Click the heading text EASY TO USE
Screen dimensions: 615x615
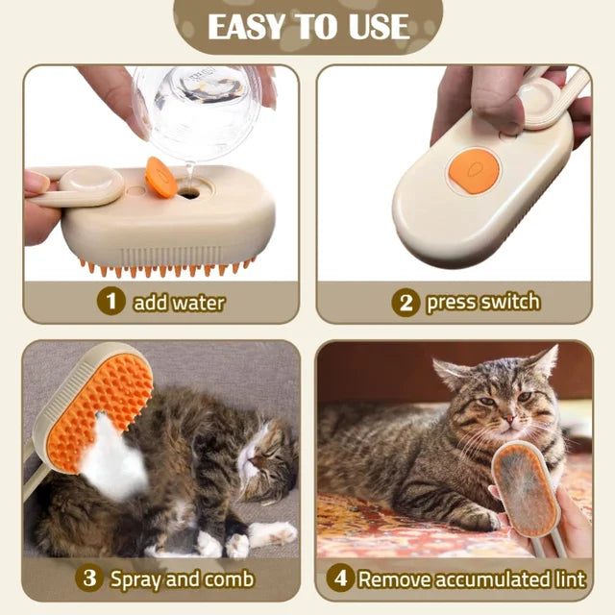pyautogui.click(x=307, y=26)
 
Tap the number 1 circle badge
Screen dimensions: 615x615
pyautogui.click(x=112, y=302)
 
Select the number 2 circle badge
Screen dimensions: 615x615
pyautogui.click(x=406, y=302)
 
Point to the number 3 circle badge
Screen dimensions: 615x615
pyautogui.click(x=89, y=578)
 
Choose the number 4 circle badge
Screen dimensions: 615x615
pyautogui.click(x=341, y=578)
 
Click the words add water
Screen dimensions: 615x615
pyautogui.click(x=179, y=303)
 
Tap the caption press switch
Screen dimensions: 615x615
pyautogui.click(x=483, y=302)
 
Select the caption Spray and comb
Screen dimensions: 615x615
pyautogui.click(x=182, y=578)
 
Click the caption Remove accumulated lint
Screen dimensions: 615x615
pyautogui.click(x=472, y=578)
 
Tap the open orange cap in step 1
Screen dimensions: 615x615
pyautogui.click(x=160, y=178)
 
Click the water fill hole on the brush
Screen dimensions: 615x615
pyautogui.click(x=188, y=192)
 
